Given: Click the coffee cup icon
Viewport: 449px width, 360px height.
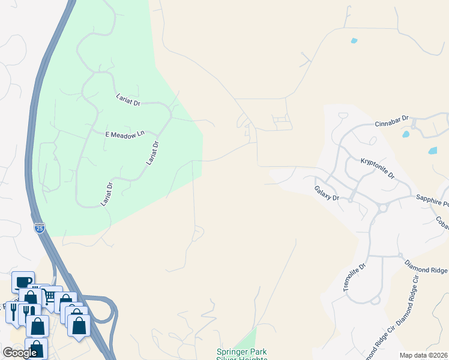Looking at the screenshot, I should tap(23, 281).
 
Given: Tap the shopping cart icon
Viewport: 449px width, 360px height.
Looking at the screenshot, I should tap(52, 295).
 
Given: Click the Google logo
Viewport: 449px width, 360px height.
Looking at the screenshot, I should tap(19, 353).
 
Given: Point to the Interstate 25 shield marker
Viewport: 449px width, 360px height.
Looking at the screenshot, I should tap(39, 227).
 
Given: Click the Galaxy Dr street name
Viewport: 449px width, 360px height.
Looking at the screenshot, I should tap(327, 193).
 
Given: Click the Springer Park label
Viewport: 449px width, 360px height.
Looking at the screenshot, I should tap(241, 352).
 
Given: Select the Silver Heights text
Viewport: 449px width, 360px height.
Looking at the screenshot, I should tap(241, 358).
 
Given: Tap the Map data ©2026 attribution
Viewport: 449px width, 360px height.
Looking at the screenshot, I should tap(423, 355).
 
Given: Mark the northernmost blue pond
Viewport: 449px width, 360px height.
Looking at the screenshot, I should tap(354, 41).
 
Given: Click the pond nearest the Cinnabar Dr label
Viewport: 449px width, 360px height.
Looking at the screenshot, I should tap(406, 134).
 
